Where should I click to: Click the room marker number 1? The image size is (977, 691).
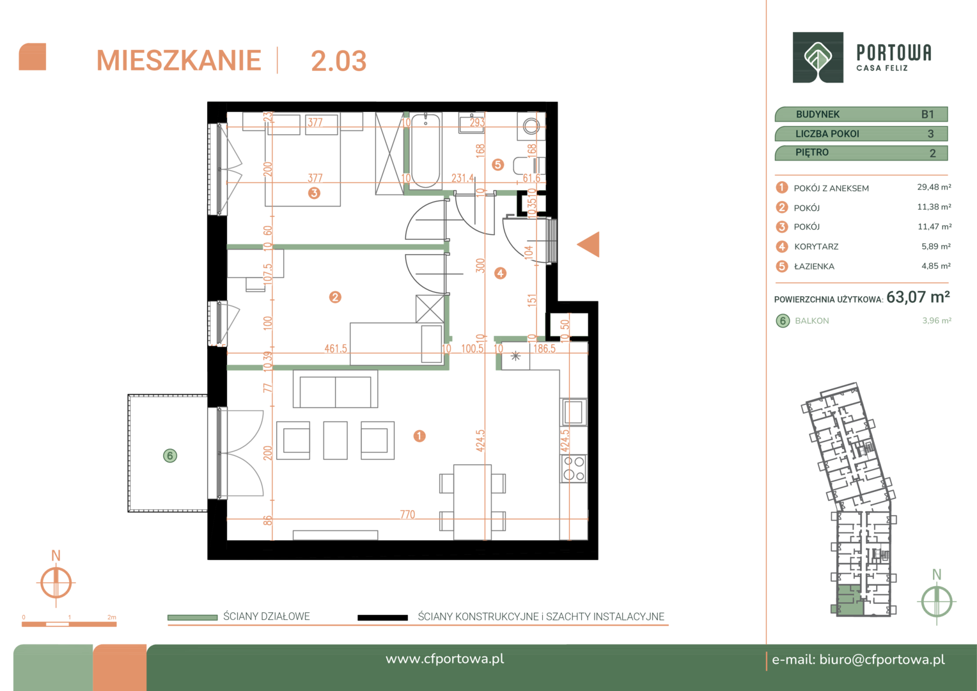tap(419, 436)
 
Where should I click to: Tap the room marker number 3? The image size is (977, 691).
tap(314, 193)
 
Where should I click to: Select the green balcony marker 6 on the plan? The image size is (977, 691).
tap(170, 456)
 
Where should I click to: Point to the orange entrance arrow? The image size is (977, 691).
tap(588, 244)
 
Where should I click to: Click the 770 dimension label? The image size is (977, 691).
tap(408, 514)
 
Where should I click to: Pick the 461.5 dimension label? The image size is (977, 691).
tap(336, 348)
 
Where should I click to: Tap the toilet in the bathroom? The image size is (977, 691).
tap(529, 166)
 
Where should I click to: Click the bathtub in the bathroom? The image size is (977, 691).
tap(426, 150)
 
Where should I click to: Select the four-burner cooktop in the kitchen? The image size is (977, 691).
tap(574, 468)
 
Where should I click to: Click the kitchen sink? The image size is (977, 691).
tap(574, 411)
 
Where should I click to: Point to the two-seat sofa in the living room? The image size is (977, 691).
tap(336, 389)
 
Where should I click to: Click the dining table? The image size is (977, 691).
tap(473, 502)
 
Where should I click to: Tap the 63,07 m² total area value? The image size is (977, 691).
tap(918, 298)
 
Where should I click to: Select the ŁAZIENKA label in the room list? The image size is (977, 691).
tap(814, 266)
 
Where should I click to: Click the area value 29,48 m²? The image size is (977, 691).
tap(934, 187)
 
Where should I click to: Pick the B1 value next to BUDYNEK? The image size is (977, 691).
tap(927, 115)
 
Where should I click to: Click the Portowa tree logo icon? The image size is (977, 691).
tap(818, 57)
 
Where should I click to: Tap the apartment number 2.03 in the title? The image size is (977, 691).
tap(338, 61)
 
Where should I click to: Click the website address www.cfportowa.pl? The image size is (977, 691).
tap(445, 659)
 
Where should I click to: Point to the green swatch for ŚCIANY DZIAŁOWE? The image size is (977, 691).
tap(192, 617)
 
